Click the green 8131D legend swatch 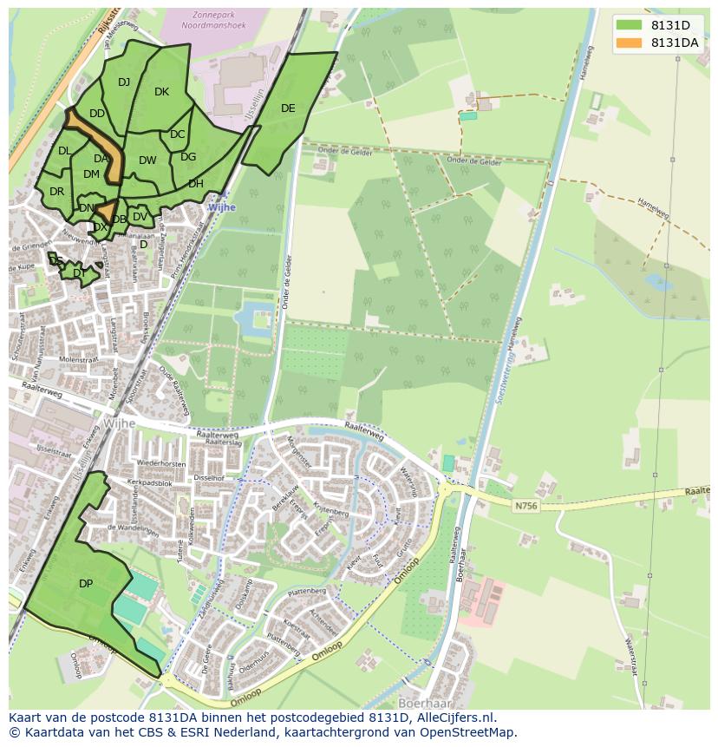click(x=630, y=25)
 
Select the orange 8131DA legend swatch click(x=630, y=43)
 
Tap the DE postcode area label click(x=288, y=108)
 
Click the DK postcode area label click(x=161, y=92)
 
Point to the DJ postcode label click(x=124, y=82)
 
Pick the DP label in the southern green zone click(x=86, y=584)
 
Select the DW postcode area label click(x=147, y=161)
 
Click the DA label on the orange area click(x=101, y=159)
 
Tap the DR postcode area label click(x=56, y=192)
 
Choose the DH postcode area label click(x=196, y=184)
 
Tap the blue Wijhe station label click(x=221, y=208)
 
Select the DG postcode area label click(x=188, y=157)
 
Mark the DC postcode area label click(x=177, y=134)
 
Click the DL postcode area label click(x=64, y=151)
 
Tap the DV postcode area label click(x=140, y=217)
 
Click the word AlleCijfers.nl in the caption click(x=454, y=718)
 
